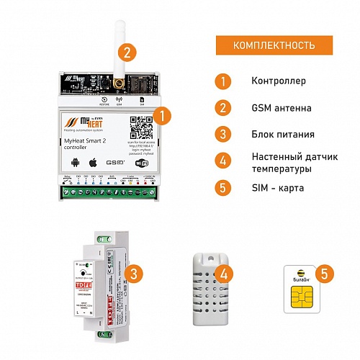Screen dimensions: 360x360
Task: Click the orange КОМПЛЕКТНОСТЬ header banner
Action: pos(273,45)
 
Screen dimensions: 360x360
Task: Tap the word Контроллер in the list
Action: pos(279,81)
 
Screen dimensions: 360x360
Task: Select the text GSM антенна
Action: pos(282,108)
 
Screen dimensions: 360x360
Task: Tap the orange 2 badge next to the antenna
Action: pos(127,52)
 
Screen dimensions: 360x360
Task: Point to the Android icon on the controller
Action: pos(77,163)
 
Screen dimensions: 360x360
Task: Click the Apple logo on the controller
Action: pos(92,163)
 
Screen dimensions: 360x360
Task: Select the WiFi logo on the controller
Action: pos(143,163)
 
